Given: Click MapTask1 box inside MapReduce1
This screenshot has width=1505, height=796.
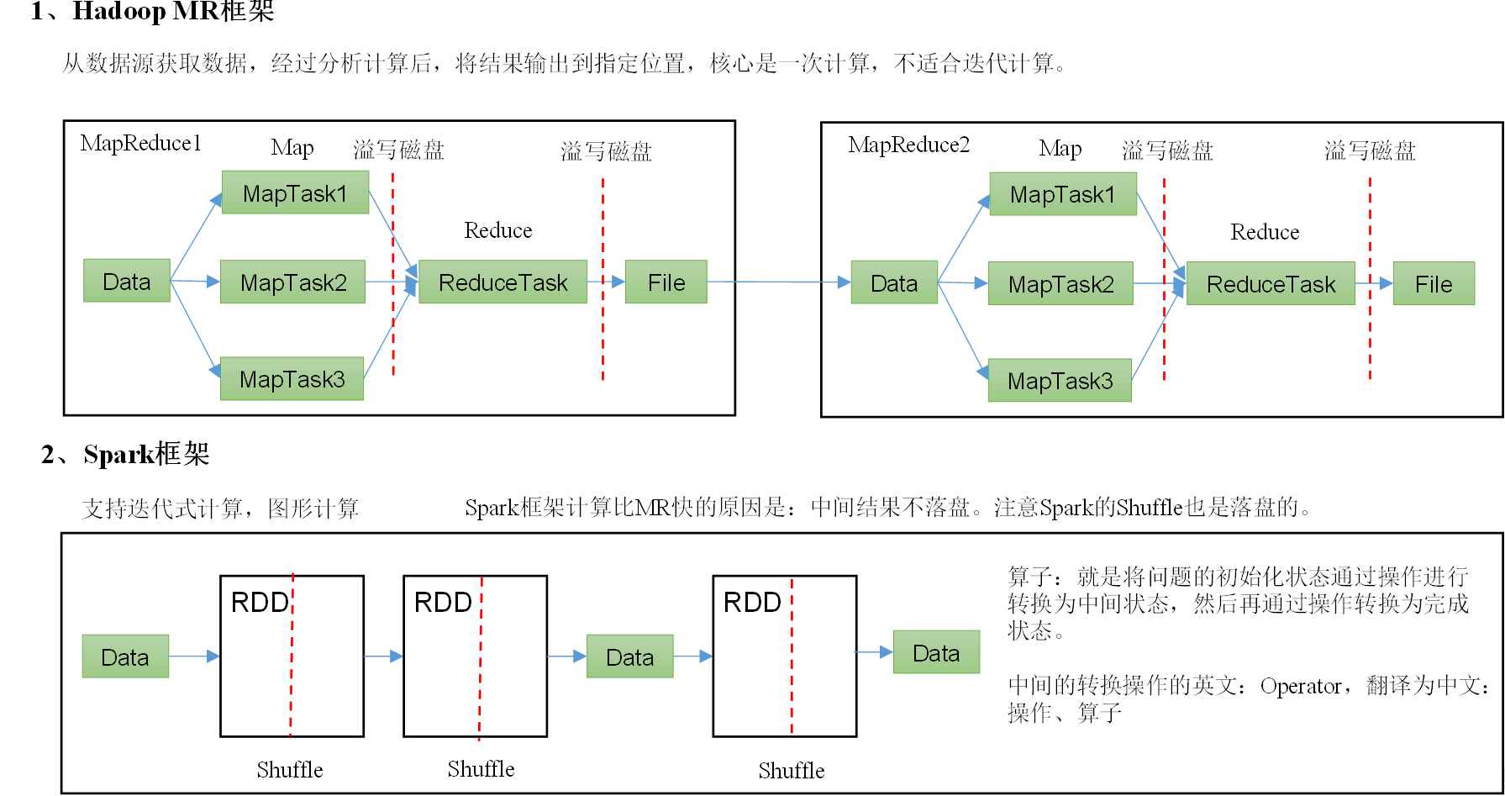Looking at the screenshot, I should pos(295,192).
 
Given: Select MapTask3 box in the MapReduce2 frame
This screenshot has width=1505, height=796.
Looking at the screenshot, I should pos(1060,381).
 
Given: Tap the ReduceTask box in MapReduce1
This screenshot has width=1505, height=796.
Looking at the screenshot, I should pos(503,282).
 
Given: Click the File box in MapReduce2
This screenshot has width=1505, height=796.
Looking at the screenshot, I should pos(1433,284).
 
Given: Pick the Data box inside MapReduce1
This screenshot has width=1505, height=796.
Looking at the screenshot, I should pos(127,282).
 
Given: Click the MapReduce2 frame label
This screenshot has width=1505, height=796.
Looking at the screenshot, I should pos(908,145).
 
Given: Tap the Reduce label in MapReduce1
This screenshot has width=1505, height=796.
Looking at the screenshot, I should pos(497,230).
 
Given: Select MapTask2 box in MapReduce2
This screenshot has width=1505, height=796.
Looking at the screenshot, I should pos(1060,284).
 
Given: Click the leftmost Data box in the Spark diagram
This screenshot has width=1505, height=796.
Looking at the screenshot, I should pos(125,656).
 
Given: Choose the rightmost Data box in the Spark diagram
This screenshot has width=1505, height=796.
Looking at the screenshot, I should pos(935,652).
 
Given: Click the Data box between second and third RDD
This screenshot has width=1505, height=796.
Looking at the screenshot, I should pos(629,656).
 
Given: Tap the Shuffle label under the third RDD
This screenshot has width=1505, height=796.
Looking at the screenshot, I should pos(791,770).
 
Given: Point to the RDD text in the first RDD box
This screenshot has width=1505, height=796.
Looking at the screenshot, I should pos(259,602).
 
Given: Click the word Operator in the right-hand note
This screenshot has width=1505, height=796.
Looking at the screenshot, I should pos(1300,686).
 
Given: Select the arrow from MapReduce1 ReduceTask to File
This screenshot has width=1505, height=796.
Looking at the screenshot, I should pos(607,282).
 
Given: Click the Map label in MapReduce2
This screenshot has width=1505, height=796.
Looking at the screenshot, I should pos(1060,149).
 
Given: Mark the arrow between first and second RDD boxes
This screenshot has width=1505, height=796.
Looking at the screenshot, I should pos(383,656).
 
